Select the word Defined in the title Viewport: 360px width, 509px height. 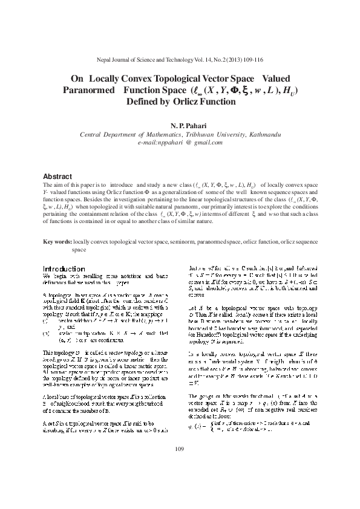tap(143, 102)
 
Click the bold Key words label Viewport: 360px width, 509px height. tap(57, 242)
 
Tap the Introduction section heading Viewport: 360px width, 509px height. tap(63, 268)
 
